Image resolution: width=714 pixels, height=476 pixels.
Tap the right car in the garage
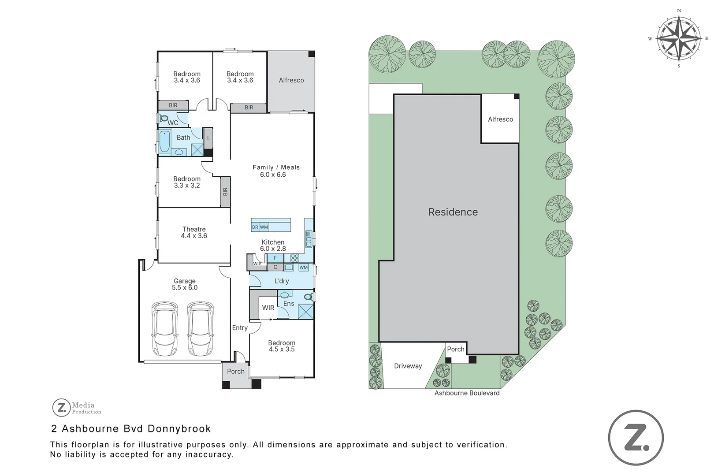[x=201, y=328]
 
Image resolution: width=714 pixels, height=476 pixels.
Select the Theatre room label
[x=194, y=232]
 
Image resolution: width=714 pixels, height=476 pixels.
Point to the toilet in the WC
[x=163, y=119]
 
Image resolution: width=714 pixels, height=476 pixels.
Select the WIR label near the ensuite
[x=268, y=308]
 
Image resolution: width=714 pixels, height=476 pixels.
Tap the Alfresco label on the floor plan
[x=291, y=80]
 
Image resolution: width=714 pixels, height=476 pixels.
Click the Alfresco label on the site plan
[x=500, y=119]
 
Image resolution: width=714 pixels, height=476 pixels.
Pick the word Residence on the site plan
[x=453, y=212]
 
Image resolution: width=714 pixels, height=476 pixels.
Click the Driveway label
[x=408, y=366]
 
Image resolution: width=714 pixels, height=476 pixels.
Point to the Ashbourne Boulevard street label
[x=467, y=393]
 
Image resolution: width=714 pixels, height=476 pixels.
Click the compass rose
[x=679, y=38]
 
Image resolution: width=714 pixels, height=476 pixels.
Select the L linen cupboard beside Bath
[x=208, y=138]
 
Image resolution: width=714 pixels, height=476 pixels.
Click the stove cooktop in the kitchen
[x=294, y=258]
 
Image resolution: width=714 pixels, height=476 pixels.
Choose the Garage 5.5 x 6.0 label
[x=185, y=284]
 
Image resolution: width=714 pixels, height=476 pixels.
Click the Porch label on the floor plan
[x=235, y=372]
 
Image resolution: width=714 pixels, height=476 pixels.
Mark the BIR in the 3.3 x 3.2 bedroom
[x=225, y=192]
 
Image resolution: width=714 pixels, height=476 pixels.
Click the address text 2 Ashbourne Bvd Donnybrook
[x=131, y=428]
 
